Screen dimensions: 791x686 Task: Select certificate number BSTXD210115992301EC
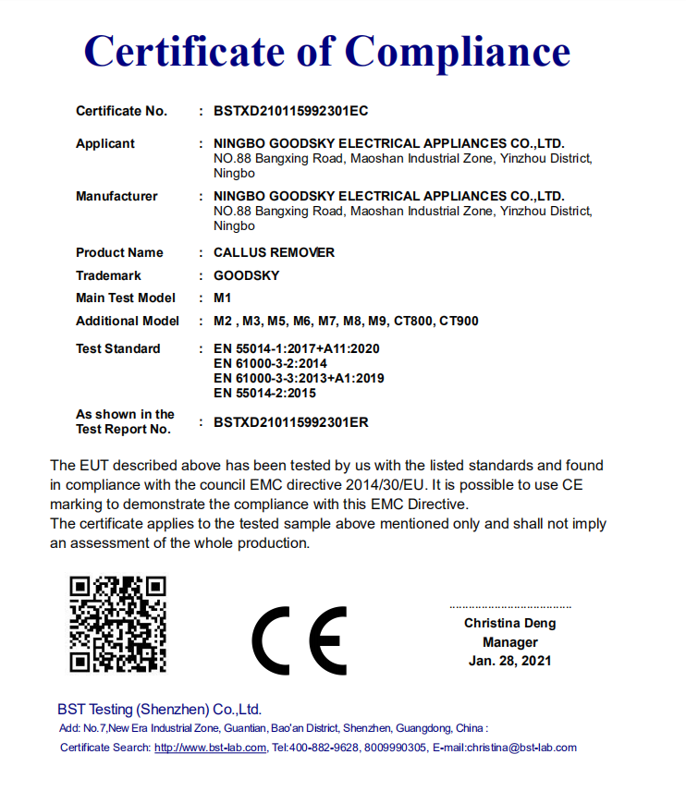pos(290,111)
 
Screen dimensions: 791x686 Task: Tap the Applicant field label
pos(104,143)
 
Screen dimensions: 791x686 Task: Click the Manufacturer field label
pos(116,196)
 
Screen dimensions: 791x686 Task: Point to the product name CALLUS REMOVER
pos(274,252)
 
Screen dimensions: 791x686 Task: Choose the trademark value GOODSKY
pos(246,275)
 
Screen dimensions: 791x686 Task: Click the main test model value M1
pos(221,298)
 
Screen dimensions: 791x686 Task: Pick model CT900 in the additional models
pos(459,321)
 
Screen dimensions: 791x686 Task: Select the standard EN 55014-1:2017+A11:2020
pos(296,348)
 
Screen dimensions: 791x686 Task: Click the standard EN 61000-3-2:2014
pos(270,363)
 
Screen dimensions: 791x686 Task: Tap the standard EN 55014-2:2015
pos(264,393)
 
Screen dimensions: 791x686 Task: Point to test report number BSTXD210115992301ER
pos(290,422)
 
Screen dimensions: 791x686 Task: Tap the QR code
pos(118,624)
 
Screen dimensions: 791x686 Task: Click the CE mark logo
pos(299,640)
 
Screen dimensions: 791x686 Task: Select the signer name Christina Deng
pos(509,624)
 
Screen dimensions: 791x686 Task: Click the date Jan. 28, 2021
pos(509,661)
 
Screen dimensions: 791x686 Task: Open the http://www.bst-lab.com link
pos(210,748)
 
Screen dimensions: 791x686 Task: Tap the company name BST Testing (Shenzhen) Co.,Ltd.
pos(159,710)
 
